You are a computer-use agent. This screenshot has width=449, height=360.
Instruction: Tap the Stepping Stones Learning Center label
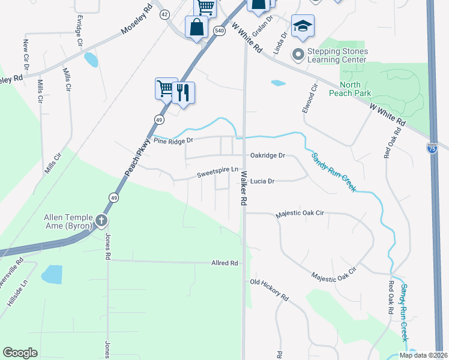(337, 55)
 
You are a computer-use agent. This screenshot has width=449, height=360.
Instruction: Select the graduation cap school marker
(303, 26)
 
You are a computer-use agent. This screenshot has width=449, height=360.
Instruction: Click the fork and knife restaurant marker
(183, 93)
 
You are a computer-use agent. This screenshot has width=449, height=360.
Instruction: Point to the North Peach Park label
(351, 89)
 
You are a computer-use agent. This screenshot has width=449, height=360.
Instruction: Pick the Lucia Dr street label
(262, 181)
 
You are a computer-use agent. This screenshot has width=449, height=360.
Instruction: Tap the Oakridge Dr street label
(267, 155)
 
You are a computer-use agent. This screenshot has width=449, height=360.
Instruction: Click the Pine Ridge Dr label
(173, 140)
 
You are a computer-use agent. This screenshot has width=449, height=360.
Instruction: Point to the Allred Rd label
(224, 263)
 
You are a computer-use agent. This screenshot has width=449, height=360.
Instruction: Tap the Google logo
(20, 353)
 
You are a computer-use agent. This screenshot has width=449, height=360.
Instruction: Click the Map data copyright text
(423, 355)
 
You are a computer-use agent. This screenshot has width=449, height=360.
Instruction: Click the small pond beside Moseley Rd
(91, 59)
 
